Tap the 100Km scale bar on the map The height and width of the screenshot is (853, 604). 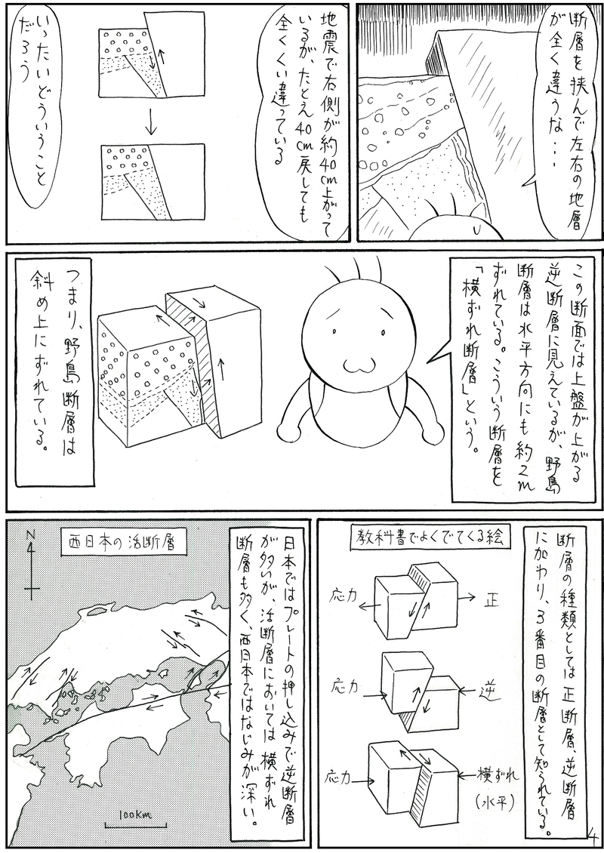tap(135, 818)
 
